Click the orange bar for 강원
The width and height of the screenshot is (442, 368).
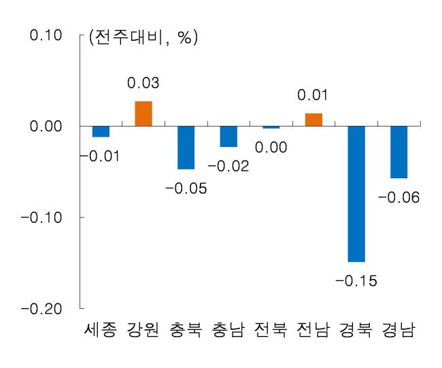(143, 114)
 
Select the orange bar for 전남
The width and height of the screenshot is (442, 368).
(313, 120)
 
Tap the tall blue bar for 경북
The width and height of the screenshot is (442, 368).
(356, 194)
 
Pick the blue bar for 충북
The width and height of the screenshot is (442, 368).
(186, 148)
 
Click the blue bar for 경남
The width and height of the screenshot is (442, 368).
(399, 152)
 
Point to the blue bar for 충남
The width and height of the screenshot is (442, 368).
(228, 136)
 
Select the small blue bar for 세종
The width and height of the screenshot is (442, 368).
(101, 131)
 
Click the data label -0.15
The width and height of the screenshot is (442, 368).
(356, 280)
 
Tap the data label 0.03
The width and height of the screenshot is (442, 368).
(143, 82)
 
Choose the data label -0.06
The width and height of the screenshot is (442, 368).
(398, 197)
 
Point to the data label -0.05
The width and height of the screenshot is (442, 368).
(186, 188)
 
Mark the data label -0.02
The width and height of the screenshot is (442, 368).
(228, 166)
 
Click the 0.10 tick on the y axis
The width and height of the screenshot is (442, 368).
(46, 35)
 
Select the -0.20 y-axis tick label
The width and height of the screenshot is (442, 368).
(41, 309)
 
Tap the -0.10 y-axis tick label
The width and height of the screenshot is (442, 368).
(41, 218)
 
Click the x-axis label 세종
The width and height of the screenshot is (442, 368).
(101, 329)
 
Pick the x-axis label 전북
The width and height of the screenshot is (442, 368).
(271, 329)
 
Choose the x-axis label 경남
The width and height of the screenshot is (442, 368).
(398, 329)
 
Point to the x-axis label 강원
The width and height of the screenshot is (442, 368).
(143, 329)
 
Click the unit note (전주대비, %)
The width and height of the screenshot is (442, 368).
(143, 37)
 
